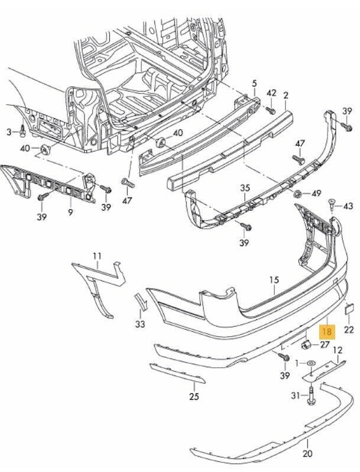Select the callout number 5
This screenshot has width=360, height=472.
point(255,83)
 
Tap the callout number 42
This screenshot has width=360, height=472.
point(271,93)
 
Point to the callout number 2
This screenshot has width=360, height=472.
point(286,95)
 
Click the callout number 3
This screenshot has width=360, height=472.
point(9,131)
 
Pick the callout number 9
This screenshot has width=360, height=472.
point(70,211)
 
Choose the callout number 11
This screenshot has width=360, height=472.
point(97,256)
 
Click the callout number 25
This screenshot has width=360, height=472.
point(194,396)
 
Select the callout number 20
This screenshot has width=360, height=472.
point(307,454)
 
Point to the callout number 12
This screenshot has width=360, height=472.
point(338,351)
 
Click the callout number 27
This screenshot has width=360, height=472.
point(325,344)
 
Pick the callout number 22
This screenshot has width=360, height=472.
point(349,329)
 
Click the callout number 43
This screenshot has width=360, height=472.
point(348,206)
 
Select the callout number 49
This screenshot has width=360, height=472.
point(316,193)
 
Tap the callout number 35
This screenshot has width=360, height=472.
point(245,188)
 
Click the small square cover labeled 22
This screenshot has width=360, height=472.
point(349,308)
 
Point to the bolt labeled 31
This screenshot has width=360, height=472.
point(310,396)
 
